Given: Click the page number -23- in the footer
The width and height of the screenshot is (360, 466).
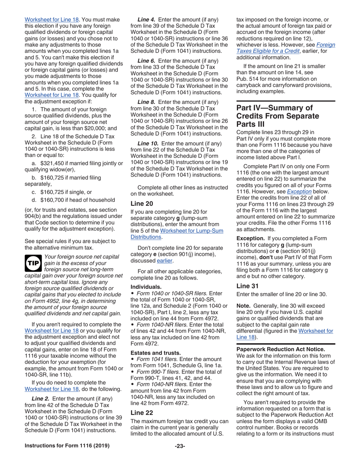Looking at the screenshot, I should (x=180, y=456).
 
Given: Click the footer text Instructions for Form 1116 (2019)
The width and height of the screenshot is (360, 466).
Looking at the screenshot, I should (x=67, y=456).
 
